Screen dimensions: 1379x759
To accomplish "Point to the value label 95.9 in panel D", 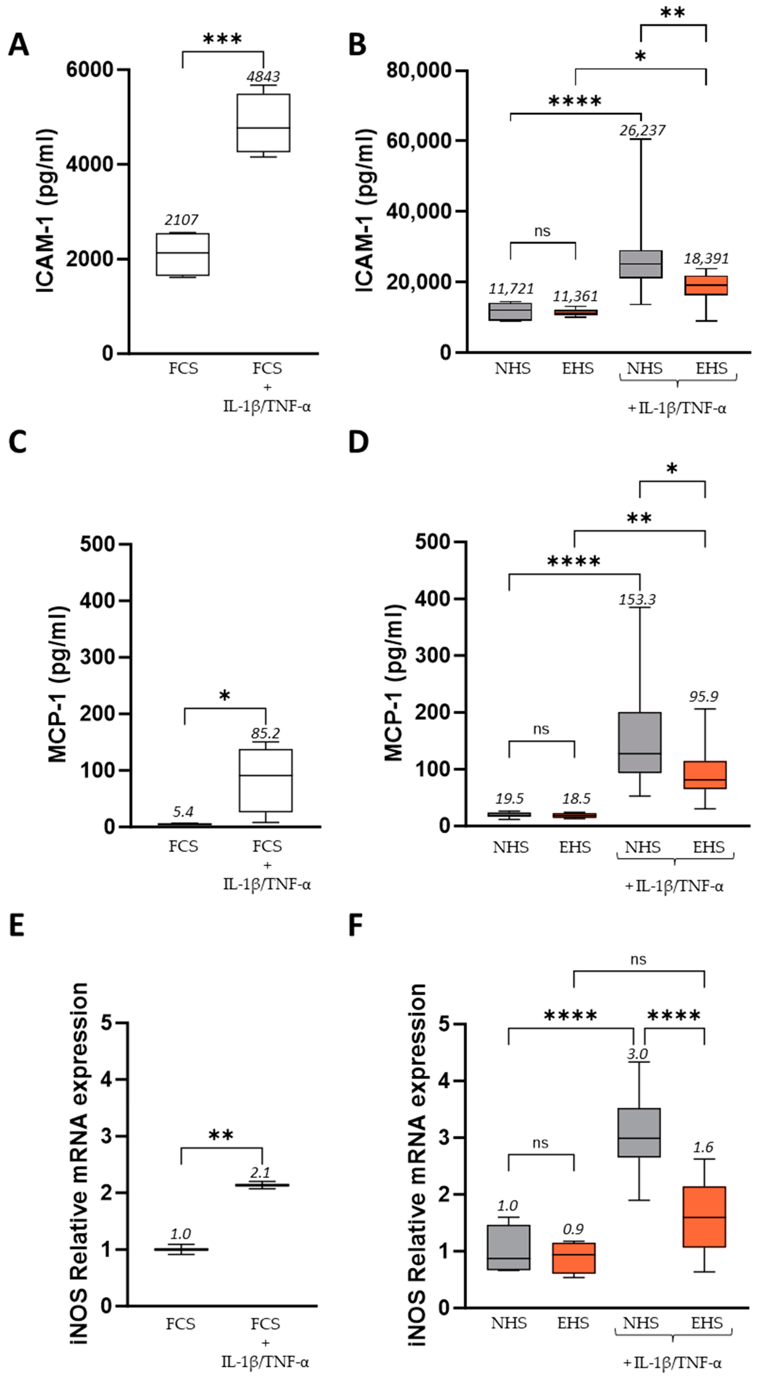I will point(704,696).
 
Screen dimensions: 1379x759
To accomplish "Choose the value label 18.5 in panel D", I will point(576,798).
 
